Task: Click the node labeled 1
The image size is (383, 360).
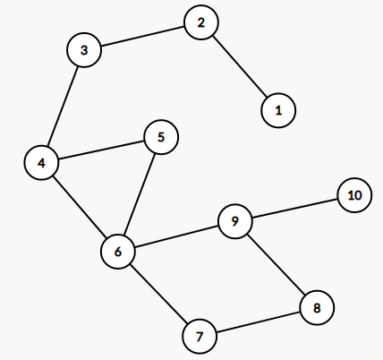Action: click(278, 110)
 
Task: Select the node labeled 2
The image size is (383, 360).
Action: click(201, 22)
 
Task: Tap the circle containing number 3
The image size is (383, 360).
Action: click(84, 50)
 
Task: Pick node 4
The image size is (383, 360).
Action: click(41, 163)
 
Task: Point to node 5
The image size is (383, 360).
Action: click(161, 137)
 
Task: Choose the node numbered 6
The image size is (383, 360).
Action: click(118, 252)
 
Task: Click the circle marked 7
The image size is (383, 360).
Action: click(200, 336)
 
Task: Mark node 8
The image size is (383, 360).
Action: click(317, 307)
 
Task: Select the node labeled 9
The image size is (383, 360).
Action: click(235, 221)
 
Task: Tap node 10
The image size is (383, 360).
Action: click(354, 195)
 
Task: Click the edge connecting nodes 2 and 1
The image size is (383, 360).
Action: click(240, 66)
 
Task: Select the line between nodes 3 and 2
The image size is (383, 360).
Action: click(142, 36)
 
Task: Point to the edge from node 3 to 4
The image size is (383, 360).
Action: click(63, 107)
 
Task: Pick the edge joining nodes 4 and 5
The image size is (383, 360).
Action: click(101, 150)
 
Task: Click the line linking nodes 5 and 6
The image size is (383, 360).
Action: click(140, 194)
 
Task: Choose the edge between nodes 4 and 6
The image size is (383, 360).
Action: click(80, 207)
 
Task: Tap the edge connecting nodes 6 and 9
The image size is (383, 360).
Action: click(176, 236)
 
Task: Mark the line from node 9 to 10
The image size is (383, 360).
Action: click(294, 208)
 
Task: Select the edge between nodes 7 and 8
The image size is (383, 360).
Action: click(259, 321)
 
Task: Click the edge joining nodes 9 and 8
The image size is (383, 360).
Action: click(276, 264)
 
